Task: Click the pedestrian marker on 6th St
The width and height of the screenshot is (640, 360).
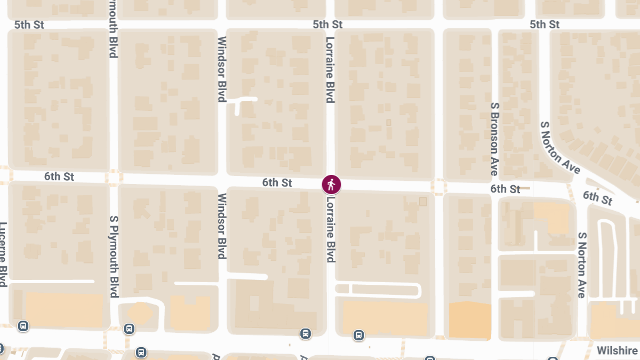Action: tap(331, 185)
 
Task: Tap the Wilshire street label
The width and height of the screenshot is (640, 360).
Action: tap(618, 350)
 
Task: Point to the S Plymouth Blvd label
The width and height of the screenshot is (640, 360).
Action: tap(113, 256)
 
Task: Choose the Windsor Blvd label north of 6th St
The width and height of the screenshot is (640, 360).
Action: tap(222, 69)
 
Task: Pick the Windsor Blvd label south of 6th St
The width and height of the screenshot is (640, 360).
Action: tap(222, 226)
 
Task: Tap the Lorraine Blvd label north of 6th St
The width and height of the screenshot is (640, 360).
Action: tap(330, 69)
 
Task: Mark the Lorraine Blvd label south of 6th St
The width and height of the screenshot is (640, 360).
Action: tap(331, 229)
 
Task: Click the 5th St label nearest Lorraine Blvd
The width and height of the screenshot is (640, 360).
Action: tap(327, 25)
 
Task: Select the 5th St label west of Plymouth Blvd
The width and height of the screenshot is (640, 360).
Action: tap(29, 25)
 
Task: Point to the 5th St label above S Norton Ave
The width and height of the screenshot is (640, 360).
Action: tap(545, 25)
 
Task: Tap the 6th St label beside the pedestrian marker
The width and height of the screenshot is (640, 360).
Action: tap(277, 183)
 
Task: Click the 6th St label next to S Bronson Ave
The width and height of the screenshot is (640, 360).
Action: tap(505, 189)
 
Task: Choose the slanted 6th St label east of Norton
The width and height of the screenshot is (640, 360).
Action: tap(597, 197)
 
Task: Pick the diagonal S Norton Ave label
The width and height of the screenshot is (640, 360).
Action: tap(559, 147)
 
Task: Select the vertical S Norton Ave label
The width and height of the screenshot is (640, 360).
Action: tap(582, 265)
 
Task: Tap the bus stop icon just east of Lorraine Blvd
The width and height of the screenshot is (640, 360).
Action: tap(359, 335)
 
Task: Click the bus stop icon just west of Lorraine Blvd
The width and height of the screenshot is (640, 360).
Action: tap(305, 334)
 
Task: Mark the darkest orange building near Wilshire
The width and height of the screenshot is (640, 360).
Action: tap(469, 320)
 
